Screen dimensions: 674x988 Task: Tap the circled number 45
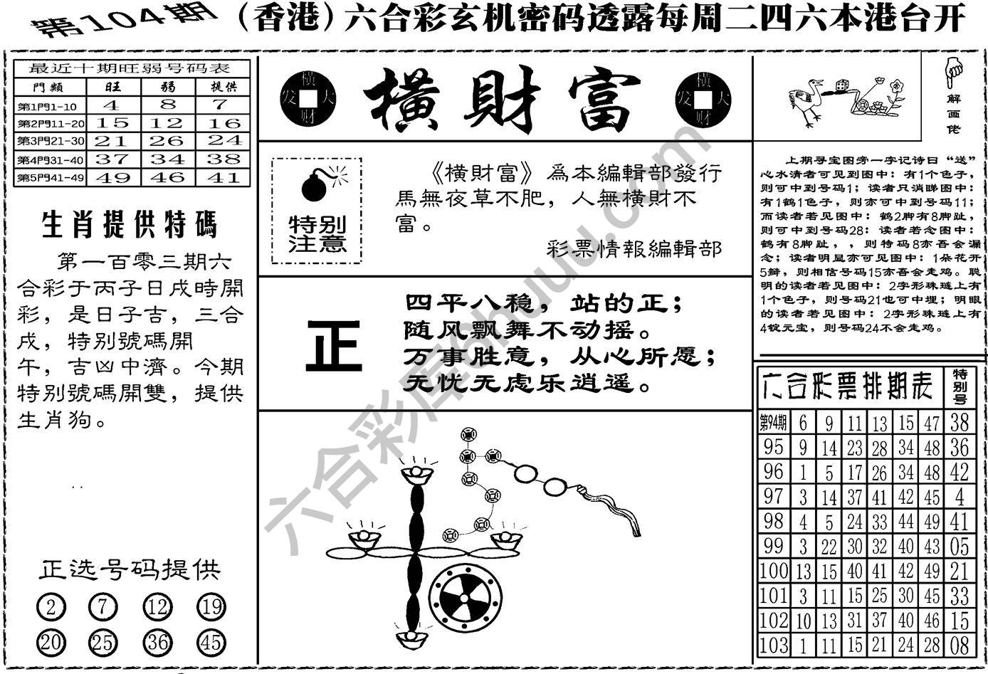click(211, 643)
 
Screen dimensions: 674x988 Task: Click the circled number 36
click(157, 643)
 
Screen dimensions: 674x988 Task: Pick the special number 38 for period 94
click(960, 423)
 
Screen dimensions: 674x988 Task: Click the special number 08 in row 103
click(960, 646)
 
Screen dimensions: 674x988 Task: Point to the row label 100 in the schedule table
click(773, 571)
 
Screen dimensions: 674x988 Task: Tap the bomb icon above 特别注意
click(315, 184)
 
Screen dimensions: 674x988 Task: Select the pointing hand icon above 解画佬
click(952, 71)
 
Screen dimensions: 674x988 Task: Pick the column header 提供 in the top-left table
click(224, 87)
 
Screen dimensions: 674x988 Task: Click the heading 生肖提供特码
click(129, 225)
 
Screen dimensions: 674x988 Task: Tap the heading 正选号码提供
click(130, 569)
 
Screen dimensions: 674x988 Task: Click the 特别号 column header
click(960, 385)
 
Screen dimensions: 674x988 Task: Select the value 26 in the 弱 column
click(167, 141)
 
